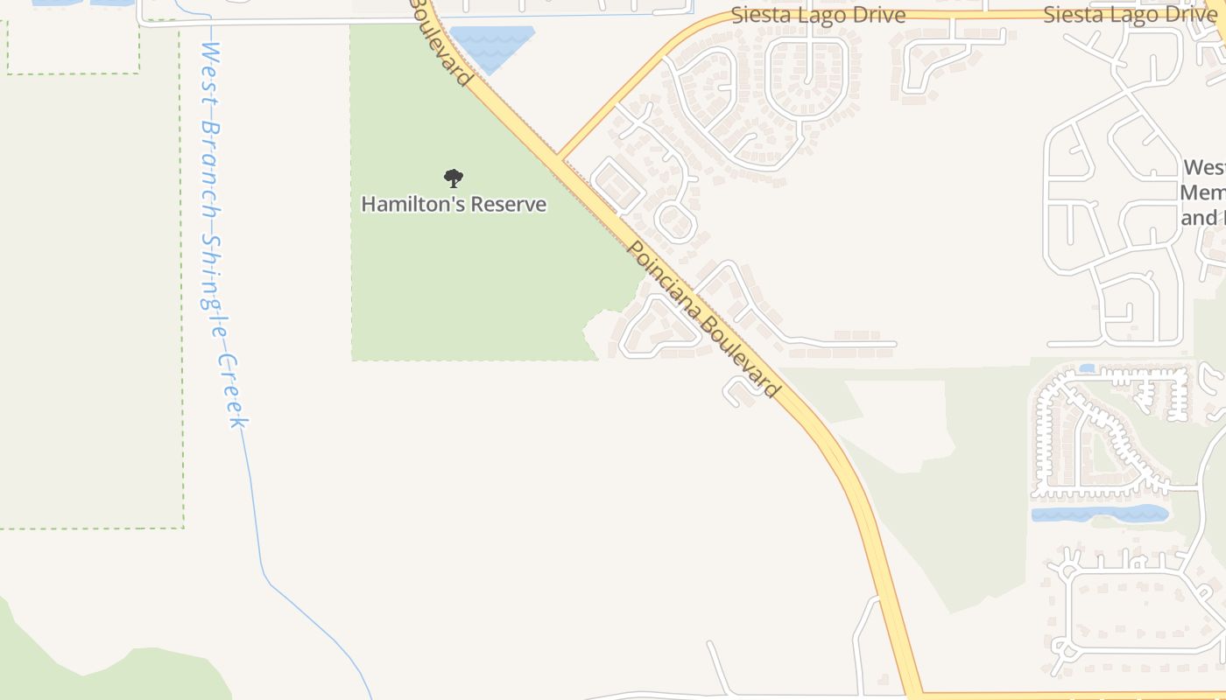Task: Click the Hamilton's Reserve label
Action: [454, 204]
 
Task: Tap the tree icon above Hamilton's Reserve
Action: [453, 178]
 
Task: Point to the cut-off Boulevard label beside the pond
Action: [443, 41]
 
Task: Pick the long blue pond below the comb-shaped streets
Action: [1099, 514]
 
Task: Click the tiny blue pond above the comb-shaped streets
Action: [1087, 368]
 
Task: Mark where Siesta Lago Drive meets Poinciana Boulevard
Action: [560, 157]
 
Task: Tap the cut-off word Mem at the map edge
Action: [1201, 192]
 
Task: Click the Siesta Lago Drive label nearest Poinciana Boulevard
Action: [818, 15]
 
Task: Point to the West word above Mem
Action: [1204, 167]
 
